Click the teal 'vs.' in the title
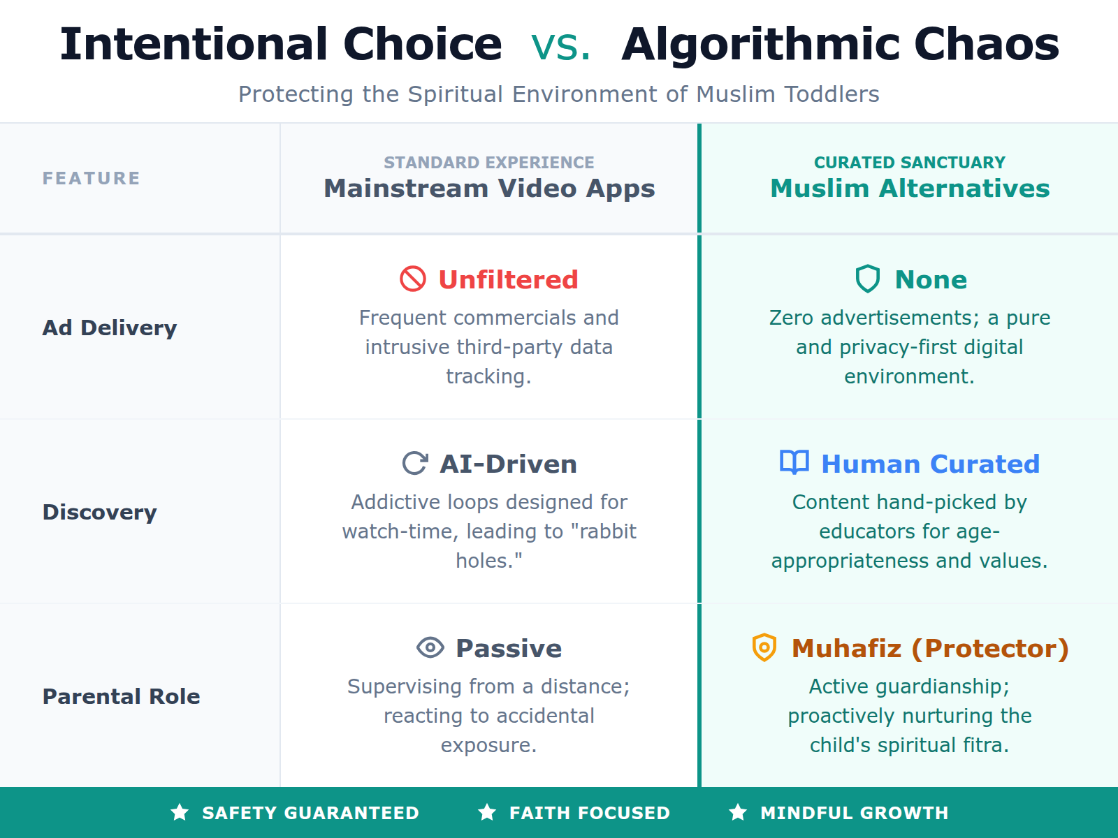(560, 46)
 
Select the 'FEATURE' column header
(92, 179)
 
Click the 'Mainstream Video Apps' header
(489, 189)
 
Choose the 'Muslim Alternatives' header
(910, 189)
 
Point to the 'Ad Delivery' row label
(110, 328)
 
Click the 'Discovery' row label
(99, 512)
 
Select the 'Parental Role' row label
(121, 696)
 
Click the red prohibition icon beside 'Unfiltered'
(413, 279)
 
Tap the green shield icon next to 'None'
(868, 279)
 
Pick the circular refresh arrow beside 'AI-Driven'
(415, 463)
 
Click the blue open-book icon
(794, 462)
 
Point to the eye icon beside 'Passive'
(430, 647)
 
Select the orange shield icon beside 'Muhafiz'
(764, 647)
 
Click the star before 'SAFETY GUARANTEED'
(180, 812)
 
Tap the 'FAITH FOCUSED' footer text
(589, 813)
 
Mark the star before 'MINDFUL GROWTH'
(738, 812)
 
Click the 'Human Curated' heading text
(930, 464)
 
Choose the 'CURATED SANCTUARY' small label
(910, 163)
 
